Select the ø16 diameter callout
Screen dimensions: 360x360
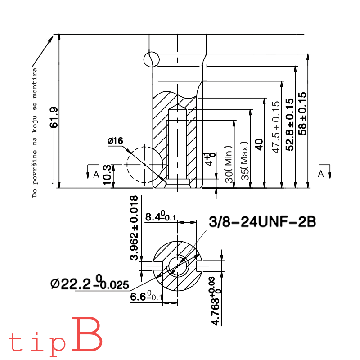click(115, 141)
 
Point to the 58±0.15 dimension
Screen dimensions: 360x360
click(302, 113)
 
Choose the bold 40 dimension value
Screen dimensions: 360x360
click(259, 144)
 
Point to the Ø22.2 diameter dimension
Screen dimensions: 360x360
click(90, 283)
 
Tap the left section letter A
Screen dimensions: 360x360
click(96, 175)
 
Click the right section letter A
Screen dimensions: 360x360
click(320, 174)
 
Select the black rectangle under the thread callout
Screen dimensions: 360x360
click(250, 244)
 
